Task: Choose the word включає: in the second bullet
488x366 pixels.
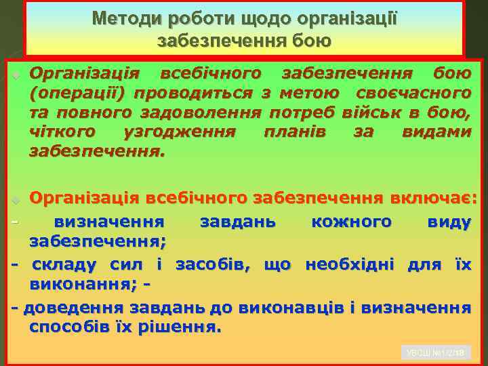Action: coord(434,199)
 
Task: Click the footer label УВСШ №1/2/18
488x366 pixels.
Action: coord(434,352)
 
